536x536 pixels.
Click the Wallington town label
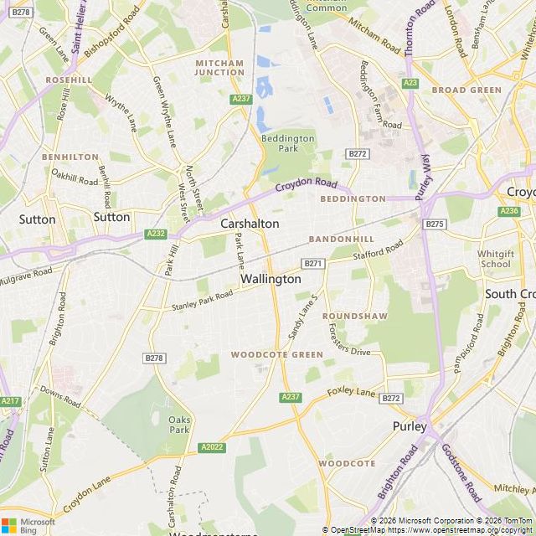point(271,279)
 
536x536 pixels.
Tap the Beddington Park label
point(287,143)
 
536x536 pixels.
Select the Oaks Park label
point(179,424)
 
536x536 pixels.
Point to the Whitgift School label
point(495,259)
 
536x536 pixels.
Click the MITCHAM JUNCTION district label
point(219,68)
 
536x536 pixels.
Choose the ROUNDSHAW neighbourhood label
point(355,316)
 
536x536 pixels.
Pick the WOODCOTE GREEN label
point(277,355)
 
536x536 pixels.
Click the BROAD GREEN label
point(466,90)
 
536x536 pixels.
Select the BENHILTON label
point(70,157)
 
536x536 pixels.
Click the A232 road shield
point(156,234)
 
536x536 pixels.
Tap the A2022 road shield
point(212,448)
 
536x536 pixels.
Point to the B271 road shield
point(313,263)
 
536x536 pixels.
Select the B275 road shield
point(434,224)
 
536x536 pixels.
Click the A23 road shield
point(410,83)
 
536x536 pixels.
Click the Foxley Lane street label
point(352,392)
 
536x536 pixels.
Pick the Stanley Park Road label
point(202,300)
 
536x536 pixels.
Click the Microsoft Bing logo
point(28,525)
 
